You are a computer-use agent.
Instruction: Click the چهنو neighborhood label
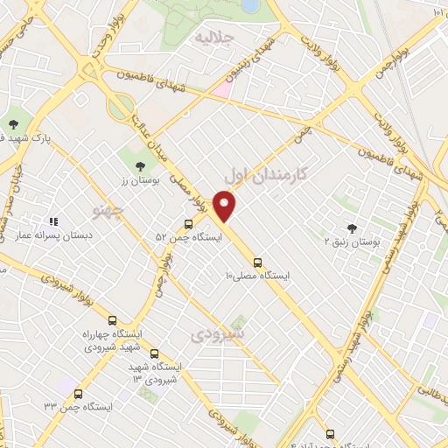[108, 210]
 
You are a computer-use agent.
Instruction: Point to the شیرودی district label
[218, 335]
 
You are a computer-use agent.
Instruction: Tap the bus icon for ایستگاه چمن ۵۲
[189, 224]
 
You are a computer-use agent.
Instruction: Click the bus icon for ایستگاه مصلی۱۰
[258, 262]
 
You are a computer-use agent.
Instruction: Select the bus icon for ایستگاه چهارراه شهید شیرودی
[111, 320]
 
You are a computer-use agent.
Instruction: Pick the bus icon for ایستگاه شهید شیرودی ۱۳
[155, 354]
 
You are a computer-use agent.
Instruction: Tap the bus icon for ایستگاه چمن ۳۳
[79, 395]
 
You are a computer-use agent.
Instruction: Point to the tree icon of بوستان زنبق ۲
[352, 227]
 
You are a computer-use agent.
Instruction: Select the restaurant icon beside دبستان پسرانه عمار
[53, 223]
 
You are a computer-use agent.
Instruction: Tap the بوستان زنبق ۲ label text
[351, 242]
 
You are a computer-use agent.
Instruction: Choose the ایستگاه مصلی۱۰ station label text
[257, 276]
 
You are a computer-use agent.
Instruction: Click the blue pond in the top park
[250, 5]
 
